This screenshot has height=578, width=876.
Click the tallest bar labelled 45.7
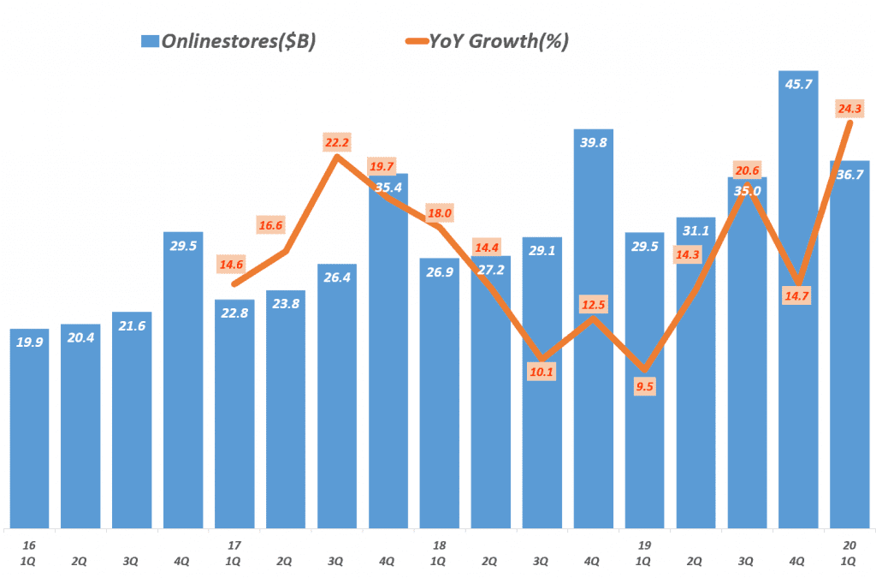coord(798,300)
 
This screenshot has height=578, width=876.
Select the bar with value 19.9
coord(30,428)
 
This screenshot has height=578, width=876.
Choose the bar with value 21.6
coord(132,420)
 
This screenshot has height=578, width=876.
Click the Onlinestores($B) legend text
coord(239,41)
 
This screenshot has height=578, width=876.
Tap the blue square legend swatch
coord(150,41)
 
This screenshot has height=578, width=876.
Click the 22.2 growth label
coord(336,142)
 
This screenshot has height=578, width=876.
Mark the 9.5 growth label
coord(644,387)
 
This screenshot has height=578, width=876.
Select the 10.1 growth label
coord(542,372)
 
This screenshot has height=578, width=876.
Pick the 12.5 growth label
coord(593,306)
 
